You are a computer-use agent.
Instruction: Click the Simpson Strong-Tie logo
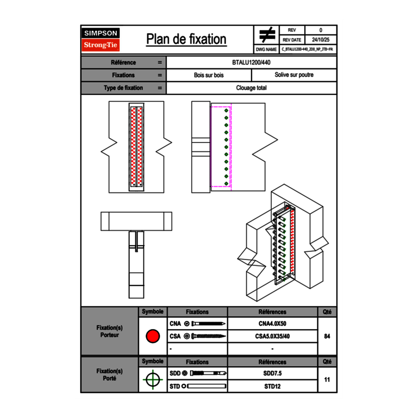(101, 39)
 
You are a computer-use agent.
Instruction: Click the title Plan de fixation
(186, 39)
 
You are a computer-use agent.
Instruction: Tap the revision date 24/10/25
(321, 40)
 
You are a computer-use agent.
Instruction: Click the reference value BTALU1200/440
(251, 63)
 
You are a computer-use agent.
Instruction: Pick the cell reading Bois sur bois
(209, 75)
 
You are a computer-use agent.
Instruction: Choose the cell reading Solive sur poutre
(294, 75)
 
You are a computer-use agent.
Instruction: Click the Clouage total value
(251, 88)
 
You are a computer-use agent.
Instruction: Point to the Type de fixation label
(123, 88)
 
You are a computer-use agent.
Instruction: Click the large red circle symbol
(152, 336)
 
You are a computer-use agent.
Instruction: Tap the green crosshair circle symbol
(152, 380)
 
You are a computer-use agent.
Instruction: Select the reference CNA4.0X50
(272, 324)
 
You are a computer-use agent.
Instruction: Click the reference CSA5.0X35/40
(272, 336)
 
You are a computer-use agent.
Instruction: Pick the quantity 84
(327, 336)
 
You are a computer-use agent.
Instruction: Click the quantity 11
(327, 380)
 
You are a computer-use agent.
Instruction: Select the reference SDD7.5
(272, 373)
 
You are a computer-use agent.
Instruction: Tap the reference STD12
(272, 386)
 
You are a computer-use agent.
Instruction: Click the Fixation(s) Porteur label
(109, 331)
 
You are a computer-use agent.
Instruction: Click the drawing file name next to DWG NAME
(307, 49)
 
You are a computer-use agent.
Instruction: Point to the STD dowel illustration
(206, 386)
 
